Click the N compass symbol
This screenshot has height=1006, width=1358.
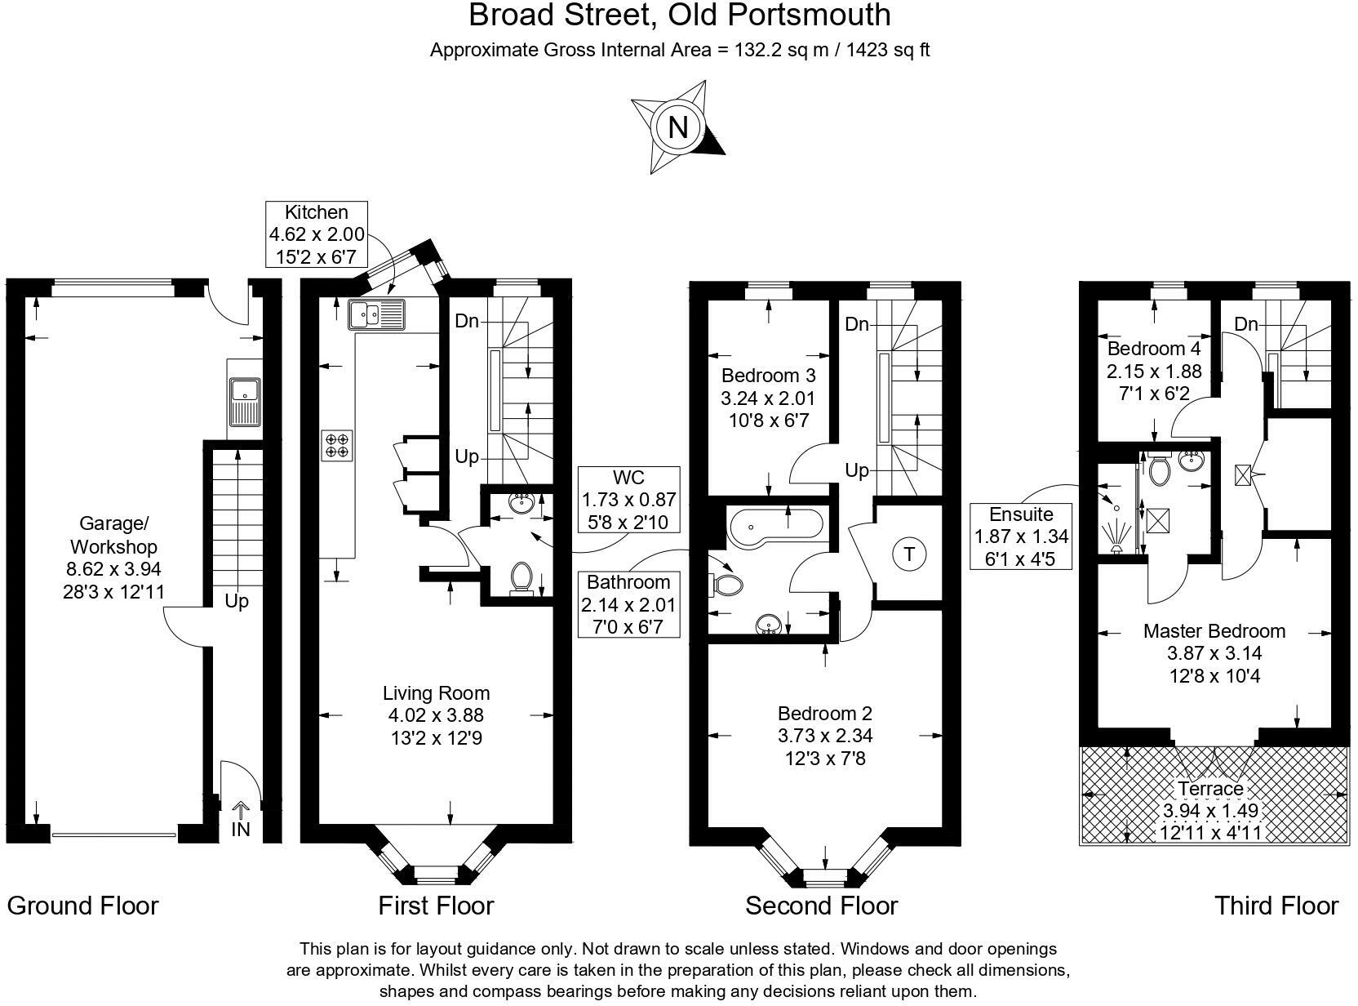coord(677,127)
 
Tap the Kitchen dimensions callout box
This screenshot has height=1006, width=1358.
coord(317,234)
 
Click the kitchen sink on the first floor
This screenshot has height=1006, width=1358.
coord(376,314)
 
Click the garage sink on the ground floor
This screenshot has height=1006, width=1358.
coord(244,401)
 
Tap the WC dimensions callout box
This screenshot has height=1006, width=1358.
coord(628,499)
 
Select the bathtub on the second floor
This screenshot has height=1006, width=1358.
coord(775,527)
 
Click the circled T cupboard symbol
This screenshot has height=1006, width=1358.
coord(909,555)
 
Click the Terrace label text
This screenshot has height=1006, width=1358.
coord(1210,789)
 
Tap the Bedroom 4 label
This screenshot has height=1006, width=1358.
coord(1153,349)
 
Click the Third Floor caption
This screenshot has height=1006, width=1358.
coord(1276,906)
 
